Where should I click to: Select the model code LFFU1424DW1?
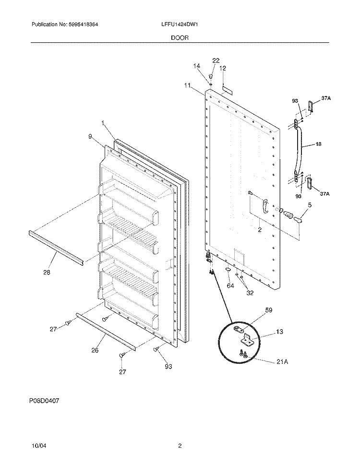coord(179,24)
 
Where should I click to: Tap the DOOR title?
coord(180,38)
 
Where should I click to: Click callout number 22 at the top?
coord(216,60)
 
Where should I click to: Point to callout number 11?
coord(187,85)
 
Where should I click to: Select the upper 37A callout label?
coord(326,98)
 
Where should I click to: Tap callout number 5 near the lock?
coord(310,205)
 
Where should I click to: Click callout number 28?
coord(47,272)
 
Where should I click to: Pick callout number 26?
coord(95,350)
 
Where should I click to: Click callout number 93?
coord(168,367)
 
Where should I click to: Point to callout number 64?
coord(230,286)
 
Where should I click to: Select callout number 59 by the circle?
coord(268,310)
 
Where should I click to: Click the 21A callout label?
coord(282,362)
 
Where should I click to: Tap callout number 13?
coord(279,332)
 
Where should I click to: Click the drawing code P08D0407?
coord(44,401)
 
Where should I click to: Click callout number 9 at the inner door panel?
coord(90,136)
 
